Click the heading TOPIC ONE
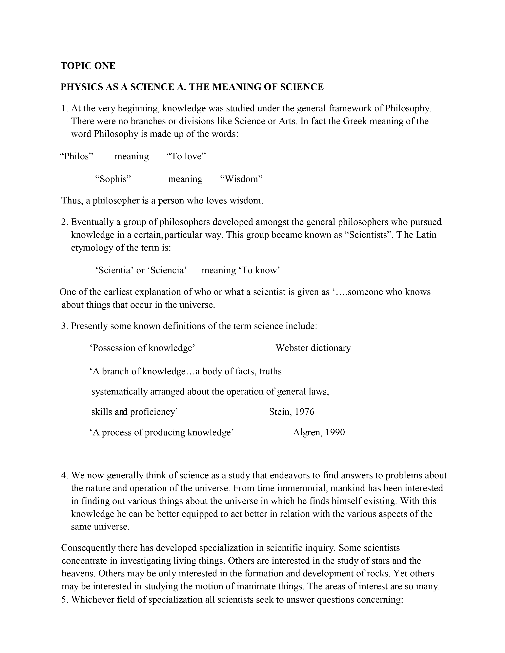pos(88,66)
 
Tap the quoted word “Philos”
pos(77,156)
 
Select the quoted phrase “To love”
pos(186,156)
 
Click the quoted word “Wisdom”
pos(241,179)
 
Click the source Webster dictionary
pos(313,348)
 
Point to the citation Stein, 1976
pos(292,412)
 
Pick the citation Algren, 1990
pos(319,432)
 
